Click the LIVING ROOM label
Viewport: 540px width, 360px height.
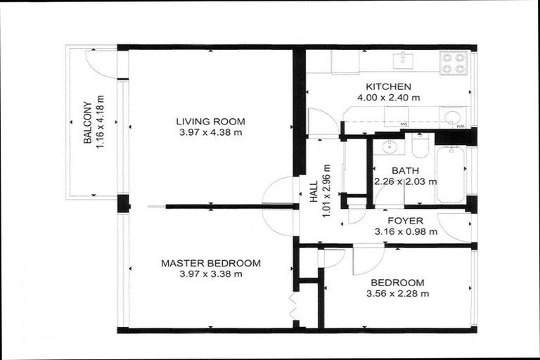pos(210,121)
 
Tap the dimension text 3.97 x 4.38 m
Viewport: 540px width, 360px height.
pos(210,132)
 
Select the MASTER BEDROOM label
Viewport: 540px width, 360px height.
pos(210,263)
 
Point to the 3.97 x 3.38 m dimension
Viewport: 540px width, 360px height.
pos(210,274)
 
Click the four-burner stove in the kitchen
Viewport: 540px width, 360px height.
pos(454,63)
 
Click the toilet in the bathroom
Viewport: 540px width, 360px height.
pos(420,147)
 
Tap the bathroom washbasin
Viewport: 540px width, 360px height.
pos(385,147)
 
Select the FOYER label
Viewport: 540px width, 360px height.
pos(405,220)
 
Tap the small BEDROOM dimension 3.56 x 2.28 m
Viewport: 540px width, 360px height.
pos(397,294)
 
